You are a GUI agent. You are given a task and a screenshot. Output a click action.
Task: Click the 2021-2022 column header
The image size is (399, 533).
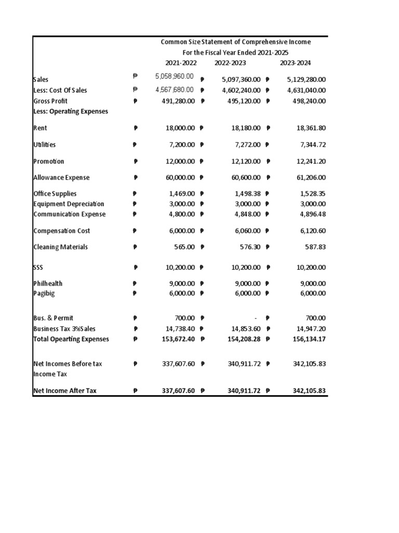point(181,63)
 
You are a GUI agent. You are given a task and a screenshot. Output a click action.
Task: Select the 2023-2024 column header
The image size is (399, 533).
point(295,63)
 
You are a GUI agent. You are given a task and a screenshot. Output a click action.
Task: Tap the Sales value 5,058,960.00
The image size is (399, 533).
point(174,77)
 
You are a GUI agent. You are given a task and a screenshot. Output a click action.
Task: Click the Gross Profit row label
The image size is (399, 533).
point(50,101)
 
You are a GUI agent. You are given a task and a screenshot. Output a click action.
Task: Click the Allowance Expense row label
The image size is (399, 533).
point(61,177)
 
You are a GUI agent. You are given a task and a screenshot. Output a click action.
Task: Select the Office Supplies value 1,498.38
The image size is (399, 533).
point(246,194)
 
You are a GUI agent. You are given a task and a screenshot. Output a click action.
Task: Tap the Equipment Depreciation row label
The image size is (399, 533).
point(69,204)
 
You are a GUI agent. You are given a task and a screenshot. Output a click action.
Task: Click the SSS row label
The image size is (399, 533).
point(38,268)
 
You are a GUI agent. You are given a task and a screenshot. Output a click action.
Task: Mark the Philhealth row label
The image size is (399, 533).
point(48,284)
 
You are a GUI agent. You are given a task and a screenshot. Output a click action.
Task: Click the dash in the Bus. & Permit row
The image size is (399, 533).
point(256,318)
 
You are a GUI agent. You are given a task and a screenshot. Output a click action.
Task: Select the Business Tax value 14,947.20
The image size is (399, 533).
point(308,328)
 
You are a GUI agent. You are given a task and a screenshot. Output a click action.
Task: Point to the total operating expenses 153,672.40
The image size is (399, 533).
point(178,339)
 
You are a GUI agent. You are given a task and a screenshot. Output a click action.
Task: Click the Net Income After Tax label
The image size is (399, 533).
point(65,390)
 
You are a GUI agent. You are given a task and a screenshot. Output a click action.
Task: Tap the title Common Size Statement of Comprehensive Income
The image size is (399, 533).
point(235,42)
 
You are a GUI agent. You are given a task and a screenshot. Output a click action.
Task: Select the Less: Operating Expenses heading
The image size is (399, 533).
point(71,111)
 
